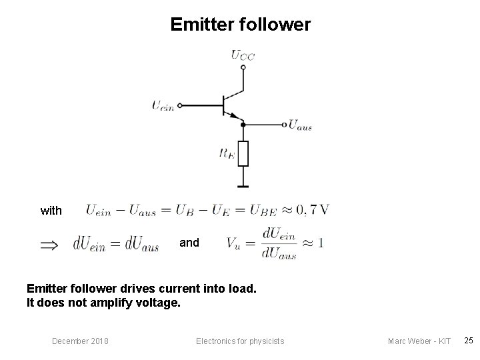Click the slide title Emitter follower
point(240,25)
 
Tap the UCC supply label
point(243,55)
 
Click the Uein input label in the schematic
point(163,105)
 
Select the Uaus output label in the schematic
point(301,125)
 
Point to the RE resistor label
point(228,153)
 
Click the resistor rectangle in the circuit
point(243,153)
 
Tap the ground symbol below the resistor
point(243,186)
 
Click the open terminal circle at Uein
point(180,105)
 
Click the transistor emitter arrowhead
point(234,116)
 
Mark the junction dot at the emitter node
point(243,124)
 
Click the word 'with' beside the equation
point(51,211)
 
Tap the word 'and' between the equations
point(189,243)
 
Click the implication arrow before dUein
point(49,245)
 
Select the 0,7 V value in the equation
point(313,210)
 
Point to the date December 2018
point(81,341)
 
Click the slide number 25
point(469,341)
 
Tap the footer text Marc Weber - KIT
point(419,341)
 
